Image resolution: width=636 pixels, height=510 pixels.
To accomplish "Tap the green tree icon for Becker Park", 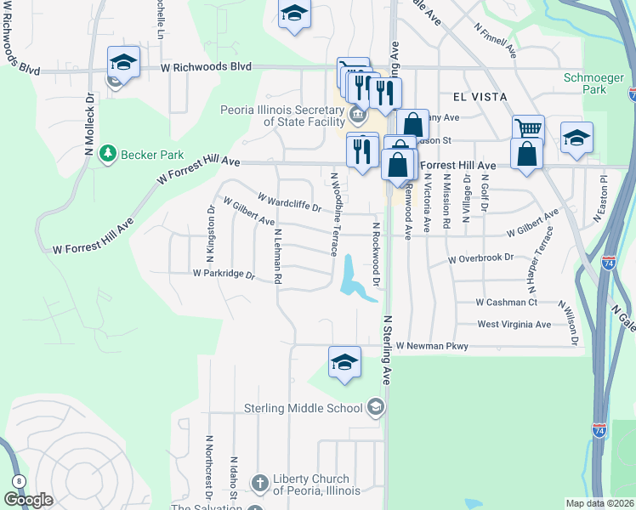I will point(108,154).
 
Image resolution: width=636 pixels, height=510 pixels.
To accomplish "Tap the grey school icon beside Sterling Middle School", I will point(374,408).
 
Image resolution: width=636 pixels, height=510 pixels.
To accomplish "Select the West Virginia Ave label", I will point(514,324).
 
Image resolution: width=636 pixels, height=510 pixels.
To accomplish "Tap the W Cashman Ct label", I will point(507,302).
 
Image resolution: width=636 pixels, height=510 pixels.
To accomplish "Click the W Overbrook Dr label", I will point(481,257).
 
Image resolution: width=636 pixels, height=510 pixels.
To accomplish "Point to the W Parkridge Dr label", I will point(224,274).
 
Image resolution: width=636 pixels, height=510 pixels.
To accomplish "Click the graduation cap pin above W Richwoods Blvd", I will point(294,14).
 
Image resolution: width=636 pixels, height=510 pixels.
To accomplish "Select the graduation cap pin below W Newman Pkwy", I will point(344,364).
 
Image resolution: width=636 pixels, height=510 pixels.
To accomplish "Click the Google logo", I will point(28,501).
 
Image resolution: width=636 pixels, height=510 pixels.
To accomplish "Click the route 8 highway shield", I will point(19,481).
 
